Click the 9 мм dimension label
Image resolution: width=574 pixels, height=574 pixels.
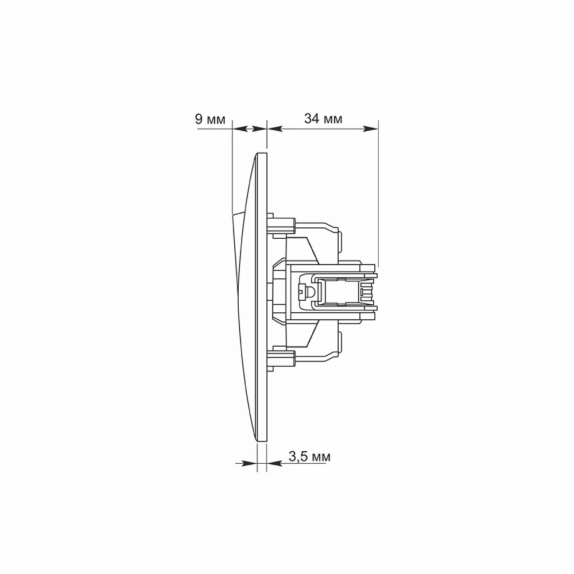210,119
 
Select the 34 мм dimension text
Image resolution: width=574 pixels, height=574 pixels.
323,119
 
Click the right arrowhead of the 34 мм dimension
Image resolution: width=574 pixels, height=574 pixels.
370,129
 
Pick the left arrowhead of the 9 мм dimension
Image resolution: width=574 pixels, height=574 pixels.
240,129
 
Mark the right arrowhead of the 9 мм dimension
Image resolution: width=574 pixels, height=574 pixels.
259,129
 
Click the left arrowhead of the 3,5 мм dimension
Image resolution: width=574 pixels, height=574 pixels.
250,463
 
